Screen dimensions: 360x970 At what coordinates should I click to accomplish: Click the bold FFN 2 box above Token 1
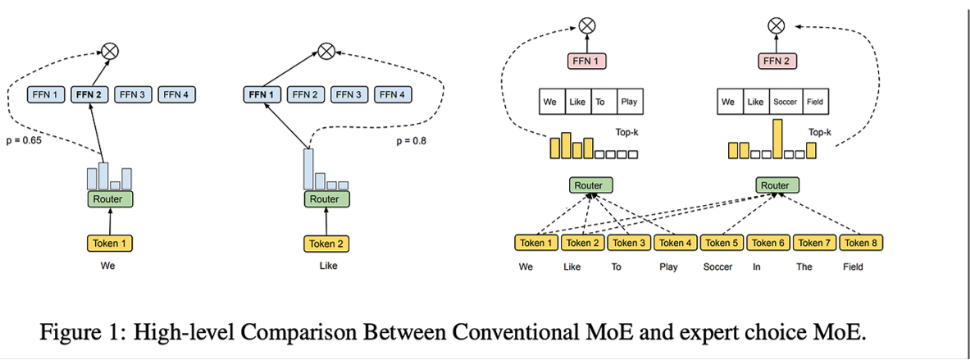point(89,94)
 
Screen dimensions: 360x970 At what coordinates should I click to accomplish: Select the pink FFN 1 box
point(588,60)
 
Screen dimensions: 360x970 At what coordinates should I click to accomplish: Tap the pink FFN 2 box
point(775,60)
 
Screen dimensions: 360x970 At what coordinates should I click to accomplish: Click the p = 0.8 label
point(412,141)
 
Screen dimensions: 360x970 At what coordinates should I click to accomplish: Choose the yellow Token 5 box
point(722,243)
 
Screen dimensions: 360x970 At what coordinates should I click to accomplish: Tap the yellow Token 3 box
point(630,243)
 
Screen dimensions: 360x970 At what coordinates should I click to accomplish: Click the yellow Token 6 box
point(768,243)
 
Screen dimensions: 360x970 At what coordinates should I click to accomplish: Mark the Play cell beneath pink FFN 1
point(629,103)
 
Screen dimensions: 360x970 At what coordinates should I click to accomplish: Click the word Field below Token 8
point(853,267)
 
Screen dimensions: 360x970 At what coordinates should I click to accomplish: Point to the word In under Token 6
point(757,267)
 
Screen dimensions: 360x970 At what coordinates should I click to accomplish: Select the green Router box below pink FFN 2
point(775,185)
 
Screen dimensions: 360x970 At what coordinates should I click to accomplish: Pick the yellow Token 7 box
point(814,243)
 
